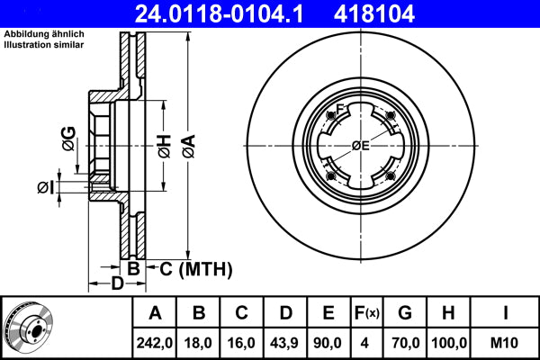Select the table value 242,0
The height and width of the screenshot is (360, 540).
point(156,343)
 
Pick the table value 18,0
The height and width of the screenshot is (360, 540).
point(199,343)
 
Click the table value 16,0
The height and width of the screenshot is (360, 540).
point(242,343)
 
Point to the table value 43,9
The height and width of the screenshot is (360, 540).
point(285,343)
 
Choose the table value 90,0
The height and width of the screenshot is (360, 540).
point(328,343)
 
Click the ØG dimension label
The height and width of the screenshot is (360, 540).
point(70,138)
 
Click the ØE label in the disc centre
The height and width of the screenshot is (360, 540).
point(362,146)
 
